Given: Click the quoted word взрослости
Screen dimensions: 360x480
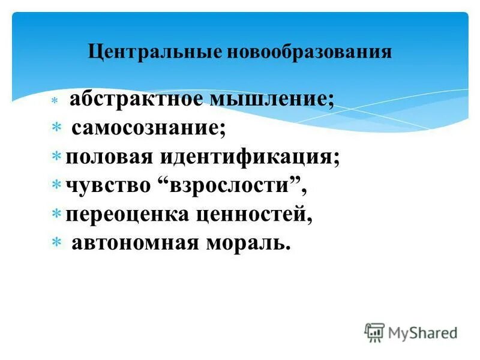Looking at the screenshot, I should [x=231, y=185].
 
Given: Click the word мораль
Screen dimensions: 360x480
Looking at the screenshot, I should [x=246, y=242].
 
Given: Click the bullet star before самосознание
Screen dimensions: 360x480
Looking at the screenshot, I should [x=55, y=128].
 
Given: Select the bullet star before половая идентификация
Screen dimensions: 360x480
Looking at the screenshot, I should [x=55, y=157].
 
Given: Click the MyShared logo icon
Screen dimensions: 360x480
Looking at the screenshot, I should [x=374, y=332].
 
